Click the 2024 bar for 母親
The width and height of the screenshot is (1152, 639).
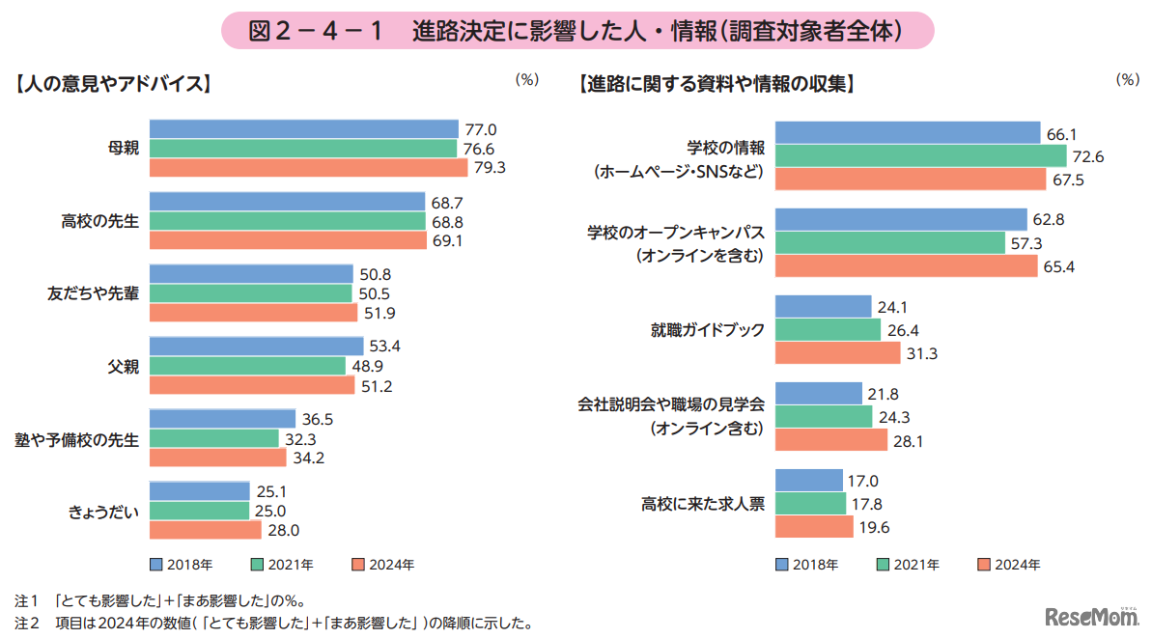click(307, 167)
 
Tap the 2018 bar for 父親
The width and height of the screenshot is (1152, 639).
click(257, 347)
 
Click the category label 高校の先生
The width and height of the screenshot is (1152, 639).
click(108, 221)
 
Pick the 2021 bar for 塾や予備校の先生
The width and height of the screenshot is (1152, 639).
click(214, 438)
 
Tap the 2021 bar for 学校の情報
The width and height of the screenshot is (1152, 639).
click(921, 156)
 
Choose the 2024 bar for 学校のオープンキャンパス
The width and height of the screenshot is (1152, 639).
click(907, 265)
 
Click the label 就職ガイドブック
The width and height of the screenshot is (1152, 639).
click(707, 330)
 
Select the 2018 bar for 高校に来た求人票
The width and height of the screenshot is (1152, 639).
click(809, 480)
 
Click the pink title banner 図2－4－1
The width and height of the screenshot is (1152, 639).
click(576, 31)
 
